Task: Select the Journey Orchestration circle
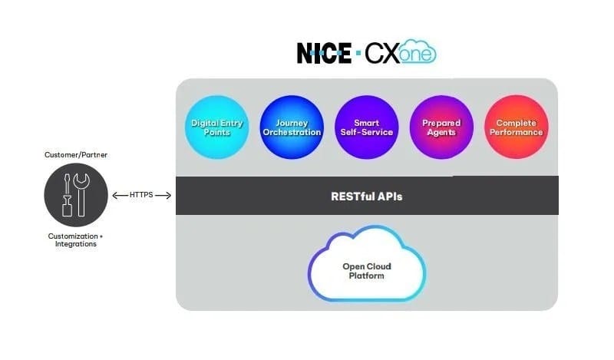tap(290, 127)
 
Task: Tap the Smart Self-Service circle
tap(366, 127)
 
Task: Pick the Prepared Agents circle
tap(441, 127)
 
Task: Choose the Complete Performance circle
tap(517, 127)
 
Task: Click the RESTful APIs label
tap(367, 197)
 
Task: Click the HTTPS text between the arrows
tap(142, 196)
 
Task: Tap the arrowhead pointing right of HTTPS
tap(169, 196)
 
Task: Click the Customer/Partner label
tap(76, 154)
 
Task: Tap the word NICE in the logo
tap(325, 53)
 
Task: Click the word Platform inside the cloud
tap(367, 276)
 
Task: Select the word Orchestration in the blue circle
tap(290, 133)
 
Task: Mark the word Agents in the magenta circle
tap(441, 133)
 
